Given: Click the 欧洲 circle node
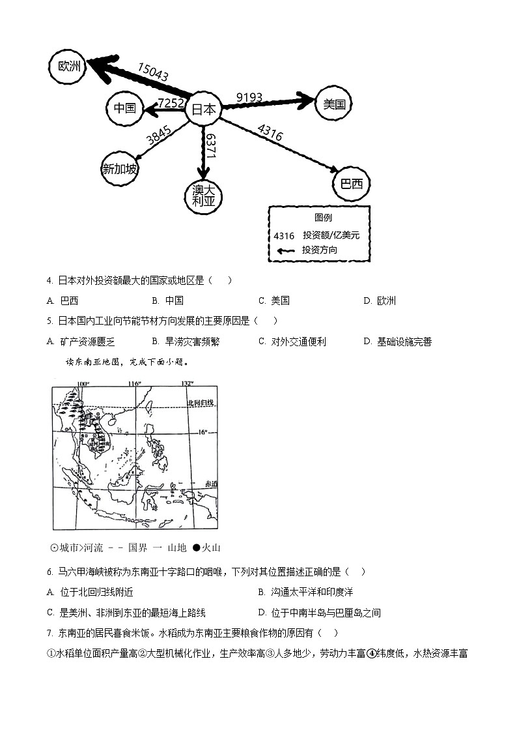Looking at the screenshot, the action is click(69, 66).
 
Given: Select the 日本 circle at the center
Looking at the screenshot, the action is click(203, 110).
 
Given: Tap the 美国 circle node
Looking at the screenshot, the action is click(334, 104).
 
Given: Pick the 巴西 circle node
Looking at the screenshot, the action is click(352, 184).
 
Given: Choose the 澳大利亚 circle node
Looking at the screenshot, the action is click(203, 196).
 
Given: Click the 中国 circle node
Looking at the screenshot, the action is click(124, 108).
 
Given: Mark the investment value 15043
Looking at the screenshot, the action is click(153, 72).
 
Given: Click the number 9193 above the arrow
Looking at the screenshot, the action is click(249, 98).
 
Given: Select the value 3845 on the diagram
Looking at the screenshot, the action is click(159, 135).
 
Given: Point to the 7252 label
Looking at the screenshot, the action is click(171, 102).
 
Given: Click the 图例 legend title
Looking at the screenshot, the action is click(323, 218).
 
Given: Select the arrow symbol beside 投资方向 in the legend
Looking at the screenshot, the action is click(285, 250).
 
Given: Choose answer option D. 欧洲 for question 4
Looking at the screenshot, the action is click(380, 300).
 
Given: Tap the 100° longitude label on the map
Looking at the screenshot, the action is click(83, 383).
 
